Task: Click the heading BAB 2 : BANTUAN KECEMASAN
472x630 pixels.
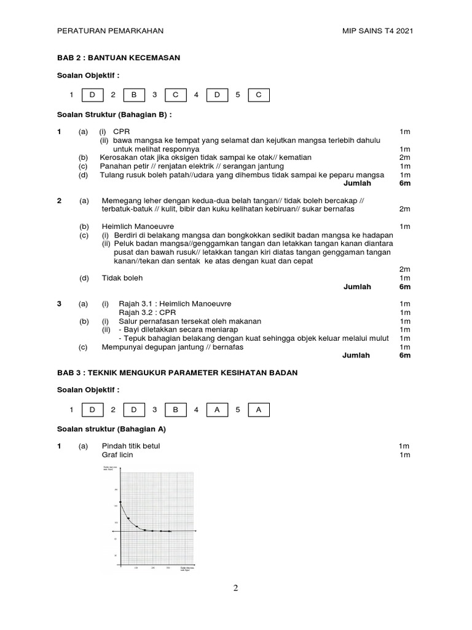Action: tap(118, 57)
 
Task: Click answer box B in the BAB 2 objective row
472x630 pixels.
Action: tap(134, 95)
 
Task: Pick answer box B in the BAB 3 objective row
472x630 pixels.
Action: tap(176, 409)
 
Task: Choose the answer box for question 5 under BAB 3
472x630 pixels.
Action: tap(258, 409)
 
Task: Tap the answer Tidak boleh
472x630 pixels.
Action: tap(122, 277)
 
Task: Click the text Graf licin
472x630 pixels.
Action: tap(117, 455)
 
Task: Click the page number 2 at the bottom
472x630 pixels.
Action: tap(235, 588)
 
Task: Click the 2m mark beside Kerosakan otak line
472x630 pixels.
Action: tap(404, 157)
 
